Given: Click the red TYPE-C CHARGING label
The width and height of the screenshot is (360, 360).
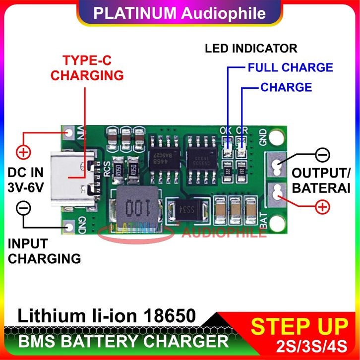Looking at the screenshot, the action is [x=87, y=68].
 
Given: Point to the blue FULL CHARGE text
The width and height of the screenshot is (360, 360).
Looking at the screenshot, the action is [x=290, y=67].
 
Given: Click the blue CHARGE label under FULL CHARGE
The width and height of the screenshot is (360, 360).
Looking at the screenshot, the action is [x=286, y=87].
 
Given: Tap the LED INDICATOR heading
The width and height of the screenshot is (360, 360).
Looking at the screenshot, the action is [x=251, y=48].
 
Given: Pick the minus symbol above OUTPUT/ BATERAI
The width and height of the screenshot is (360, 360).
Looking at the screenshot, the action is [x=322, y=155].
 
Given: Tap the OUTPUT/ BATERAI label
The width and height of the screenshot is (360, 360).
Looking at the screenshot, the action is [x=321, y=180].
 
